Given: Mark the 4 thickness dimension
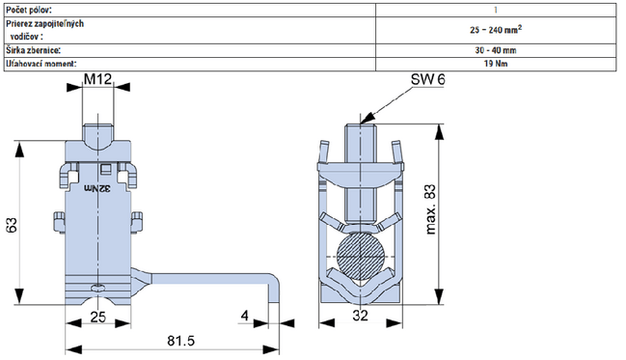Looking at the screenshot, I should coord(246,316).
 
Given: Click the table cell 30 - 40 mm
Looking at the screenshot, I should coord(494,48).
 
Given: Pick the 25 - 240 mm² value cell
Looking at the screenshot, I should coord(494,29).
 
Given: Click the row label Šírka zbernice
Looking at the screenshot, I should coord(35,48).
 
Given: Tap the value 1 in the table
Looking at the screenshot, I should coord(494,9).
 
